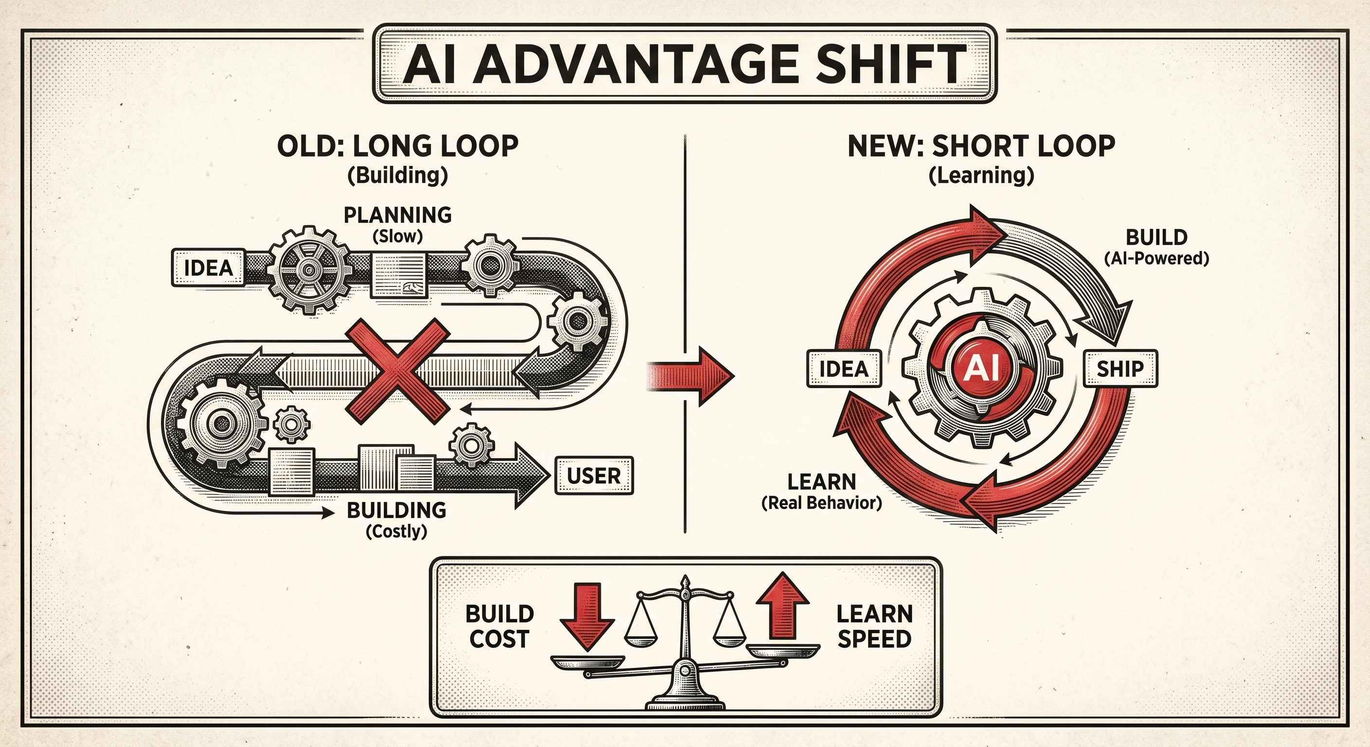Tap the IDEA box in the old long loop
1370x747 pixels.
coord(209,267)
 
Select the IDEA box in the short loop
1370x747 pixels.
coord(844,368)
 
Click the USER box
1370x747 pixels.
coord(594,476)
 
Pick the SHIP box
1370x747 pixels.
coord(1120,368)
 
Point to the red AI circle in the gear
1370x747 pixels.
coord(981,368)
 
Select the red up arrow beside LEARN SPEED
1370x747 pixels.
coord(782,606)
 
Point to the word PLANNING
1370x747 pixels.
coord(397,215)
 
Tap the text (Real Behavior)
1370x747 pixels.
coord(821,503)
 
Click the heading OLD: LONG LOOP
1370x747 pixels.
coord(398,146)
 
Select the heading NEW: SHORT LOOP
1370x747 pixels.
coord(981,146)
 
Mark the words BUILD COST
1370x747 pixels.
coord(499,626)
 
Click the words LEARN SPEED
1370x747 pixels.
coord(874,626)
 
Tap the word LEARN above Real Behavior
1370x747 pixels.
coord(821,481)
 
